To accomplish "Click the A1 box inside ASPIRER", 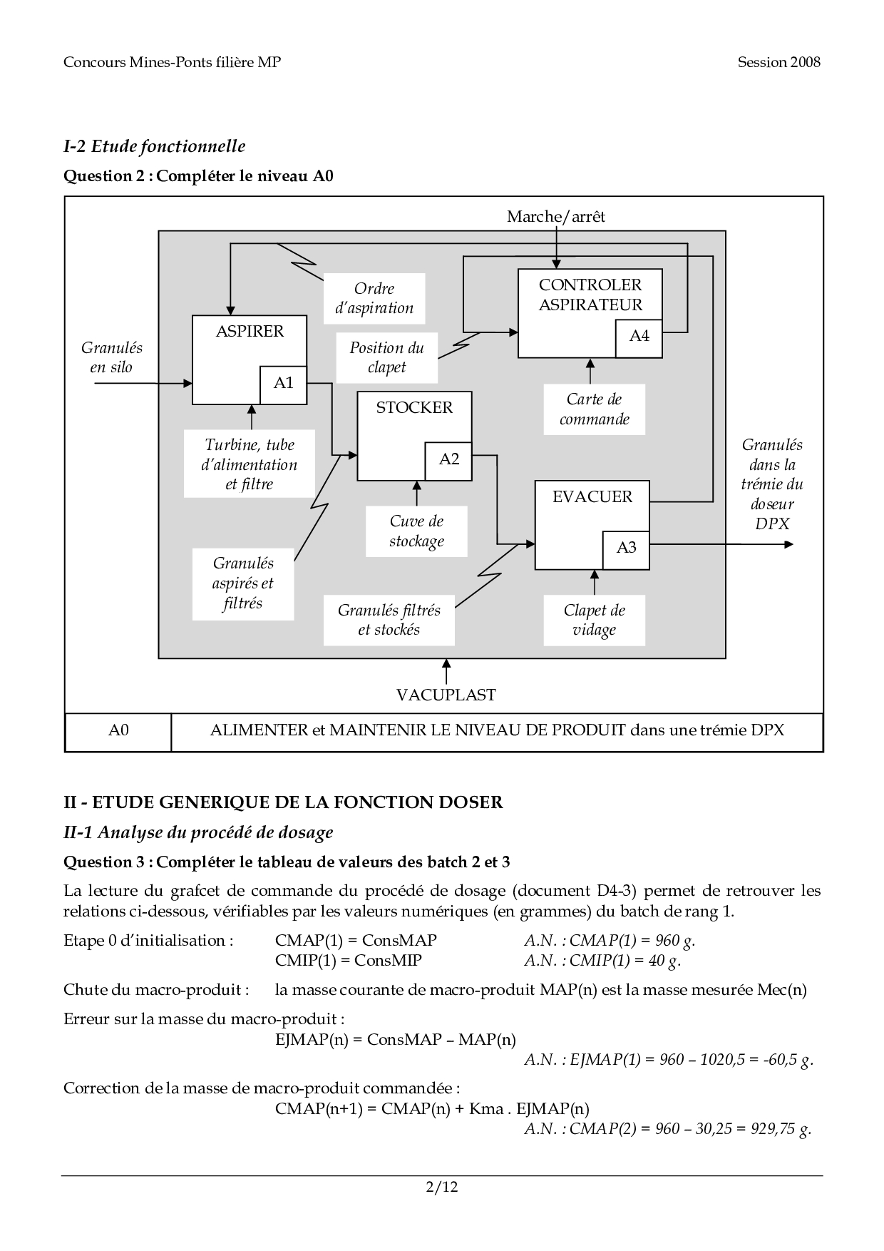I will point(284,384).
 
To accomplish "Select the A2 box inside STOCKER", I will point(448,460).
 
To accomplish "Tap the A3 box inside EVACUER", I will point(626,548).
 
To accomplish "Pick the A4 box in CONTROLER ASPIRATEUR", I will point(639,337).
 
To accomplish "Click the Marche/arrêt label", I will point(556,217).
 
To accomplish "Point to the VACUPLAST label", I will point(446,695).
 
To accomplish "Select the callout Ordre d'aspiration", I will point(374,298).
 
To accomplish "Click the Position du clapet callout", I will point(386,357).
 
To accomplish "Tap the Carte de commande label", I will point(594,409).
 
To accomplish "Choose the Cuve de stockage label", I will point(416,531).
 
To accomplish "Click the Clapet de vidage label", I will point(594,620).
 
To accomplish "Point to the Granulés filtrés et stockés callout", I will point(389,620).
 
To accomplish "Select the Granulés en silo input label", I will point(111,357).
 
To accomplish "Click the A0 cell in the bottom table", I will point(118,731).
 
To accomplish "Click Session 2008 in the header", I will point(778,62).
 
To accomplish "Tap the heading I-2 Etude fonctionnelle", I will point(155,146).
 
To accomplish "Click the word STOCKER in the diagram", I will point(414,407).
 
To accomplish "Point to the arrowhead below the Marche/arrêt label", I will point(557,264).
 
